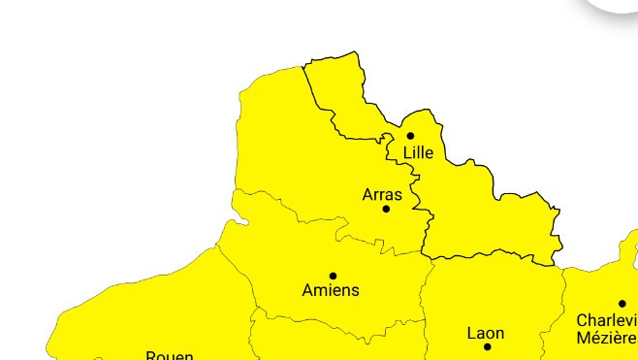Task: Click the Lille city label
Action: (418, 152)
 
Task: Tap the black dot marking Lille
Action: (410, 136)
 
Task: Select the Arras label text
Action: (382, 195)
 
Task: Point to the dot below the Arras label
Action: (386, 209)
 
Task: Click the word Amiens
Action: (331, 290)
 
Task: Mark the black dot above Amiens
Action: (333, 276)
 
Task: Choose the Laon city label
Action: (486, 333)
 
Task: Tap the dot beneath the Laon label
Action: (487, 346)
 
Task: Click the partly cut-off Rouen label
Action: (170, 355)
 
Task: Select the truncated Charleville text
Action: (606, 319)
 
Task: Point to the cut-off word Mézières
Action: (606, 338)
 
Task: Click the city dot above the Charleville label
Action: (622, 304)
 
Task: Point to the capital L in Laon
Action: (471, 333)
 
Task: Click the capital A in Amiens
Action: (308, 290)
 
